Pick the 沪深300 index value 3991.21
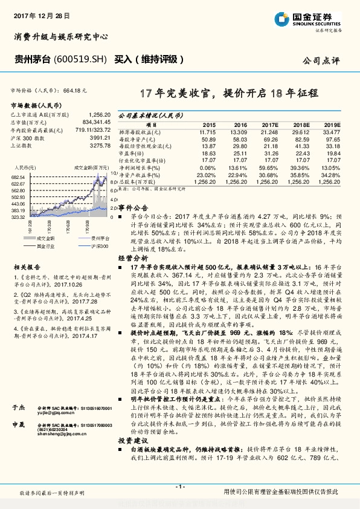[98, 138]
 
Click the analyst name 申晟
[19, 425]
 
